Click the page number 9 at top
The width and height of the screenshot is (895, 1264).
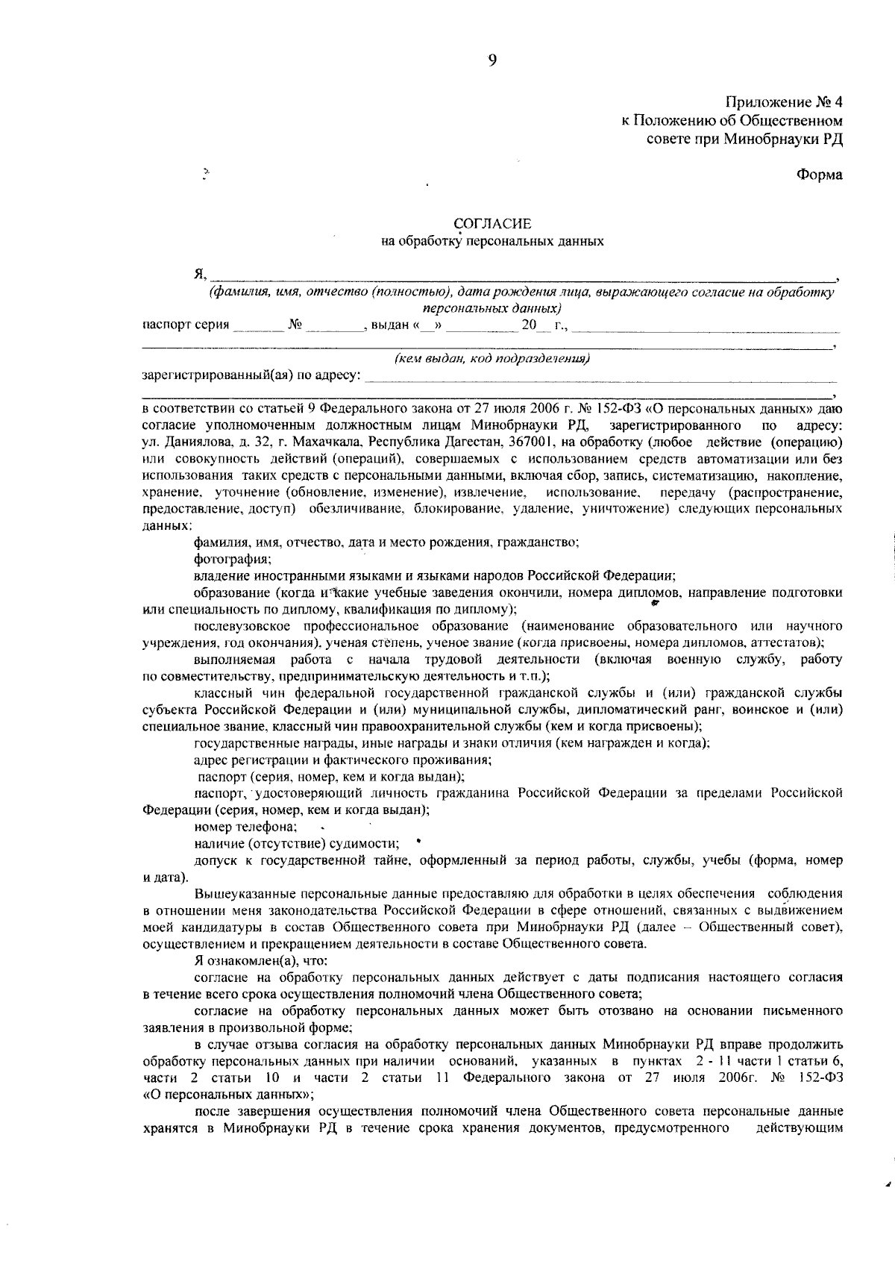(492, 61)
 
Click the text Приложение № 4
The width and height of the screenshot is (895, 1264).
(784, 102)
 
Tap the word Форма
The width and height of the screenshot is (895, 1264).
(819, 175)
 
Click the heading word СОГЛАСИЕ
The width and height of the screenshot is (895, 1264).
(492, 223)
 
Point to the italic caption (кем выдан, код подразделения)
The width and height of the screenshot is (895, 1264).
(492, 359)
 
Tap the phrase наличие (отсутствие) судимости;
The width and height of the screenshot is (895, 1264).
(296, 843)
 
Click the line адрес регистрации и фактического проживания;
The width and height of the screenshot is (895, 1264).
(342, 760)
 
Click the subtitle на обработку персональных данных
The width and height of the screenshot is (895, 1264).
(492, 241)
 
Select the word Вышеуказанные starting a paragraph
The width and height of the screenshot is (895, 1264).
(239, 893)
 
